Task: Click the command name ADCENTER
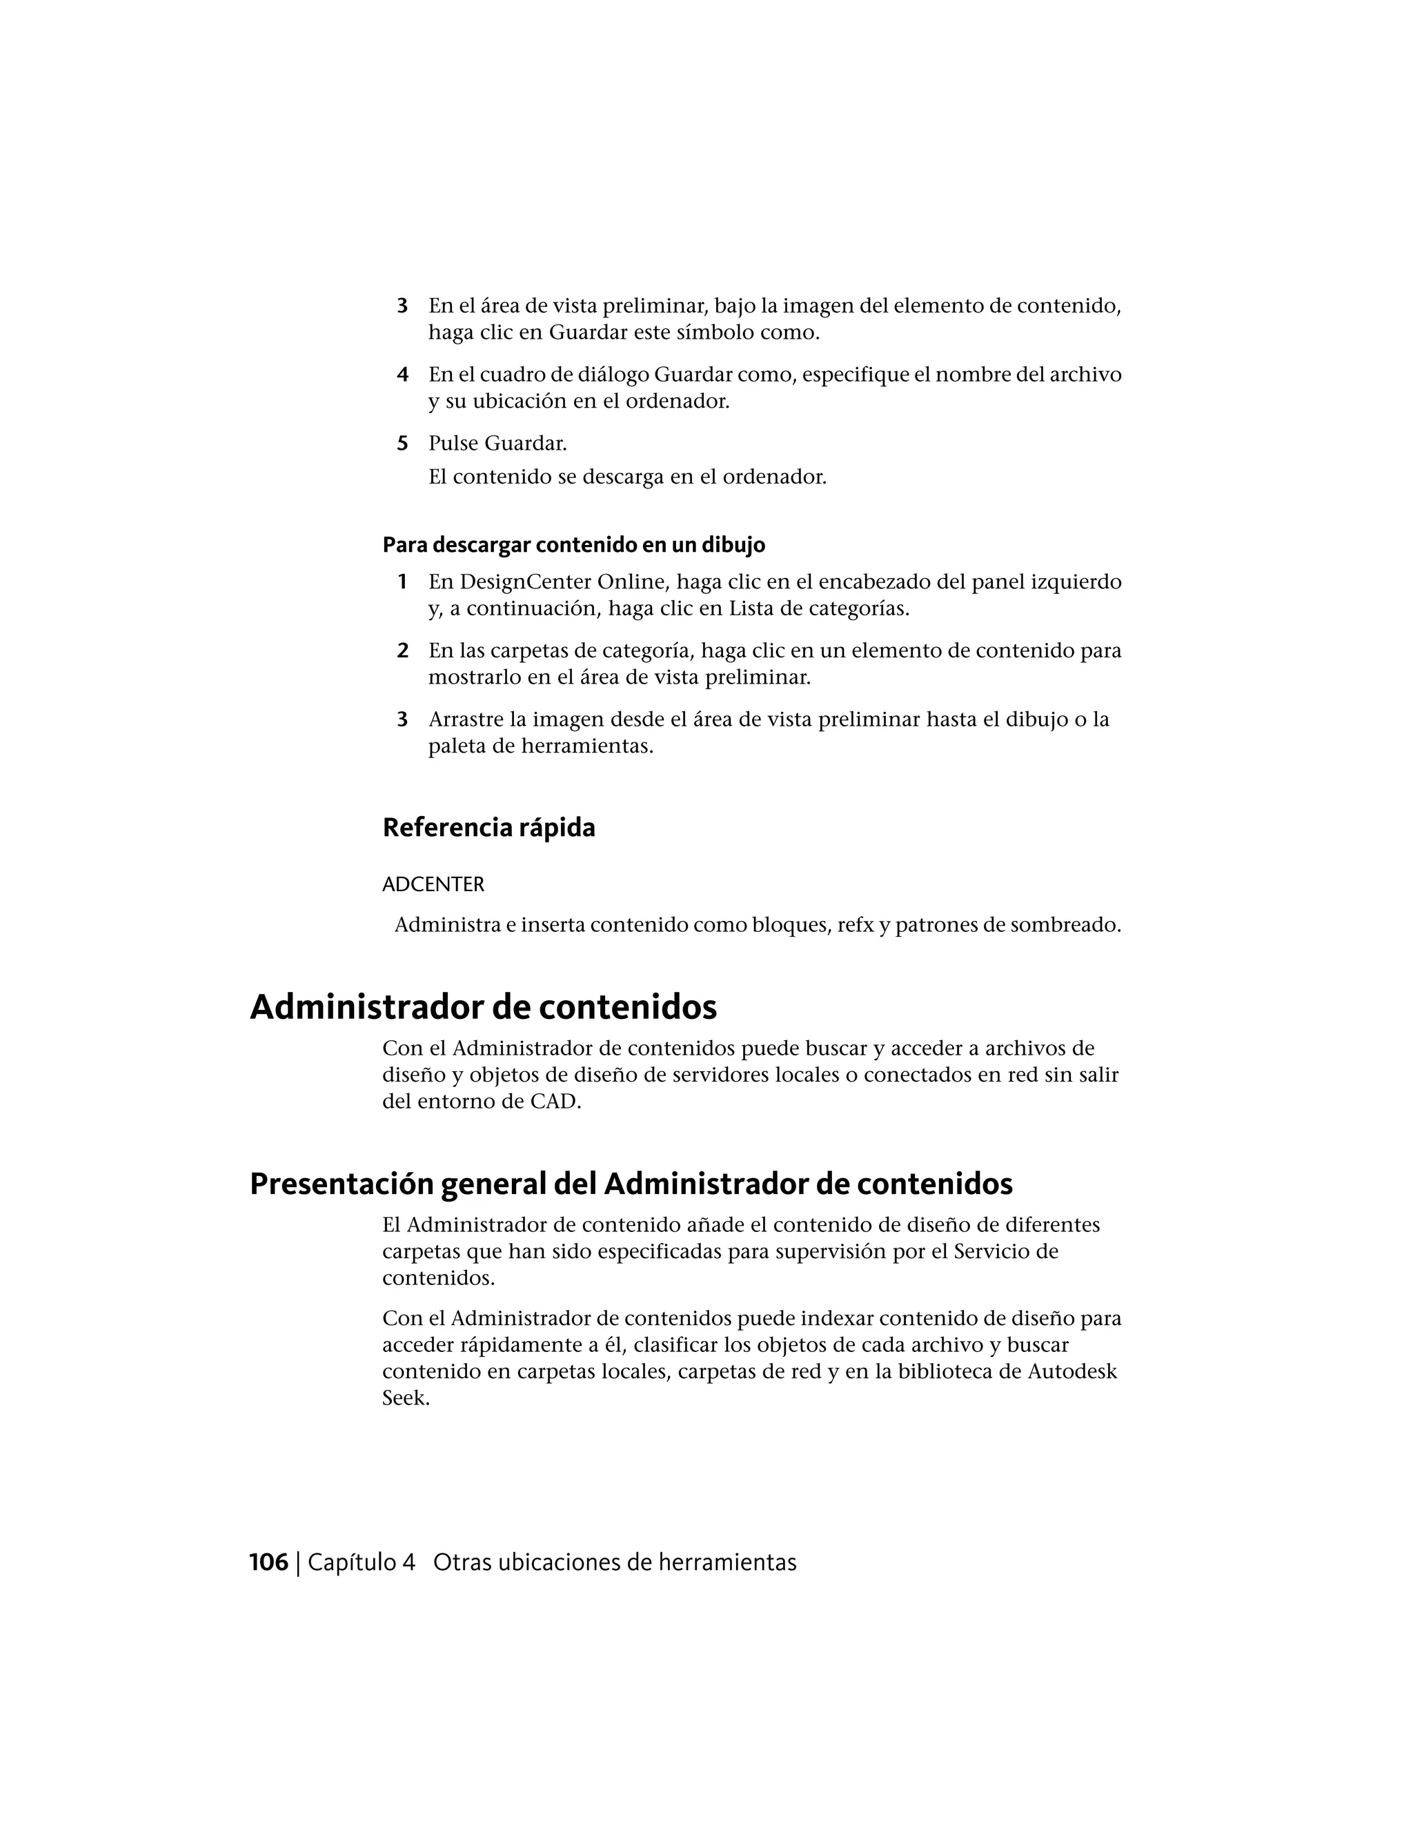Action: pyautogui.click(x=433, y=885)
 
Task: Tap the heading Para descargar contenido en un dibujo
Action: pyautogui.click(x=573, y=546)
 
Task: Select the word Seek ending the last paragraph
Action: pyautogui.click(x=405, y=1399)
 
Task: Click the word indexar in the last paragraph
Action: pyautogui.click(x=838, y=1319)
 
